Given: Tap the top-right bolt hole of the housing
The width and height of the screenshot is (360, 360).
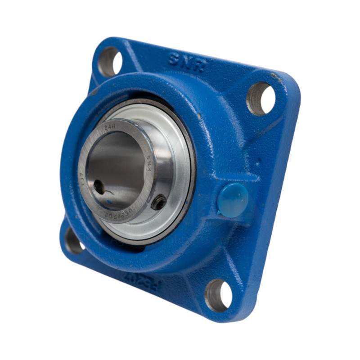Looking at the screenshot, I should (x=261, y=98).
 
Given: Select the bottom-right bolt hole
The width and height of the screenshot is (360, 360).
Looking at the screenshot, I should (x=219, y=295).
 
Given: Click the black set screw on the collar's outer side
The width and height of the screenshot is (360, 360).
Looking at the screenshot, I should (x=159, y=202).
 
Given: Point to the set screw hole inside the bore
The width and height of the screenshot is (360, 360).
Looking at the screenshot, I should (x=99, y=187).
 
